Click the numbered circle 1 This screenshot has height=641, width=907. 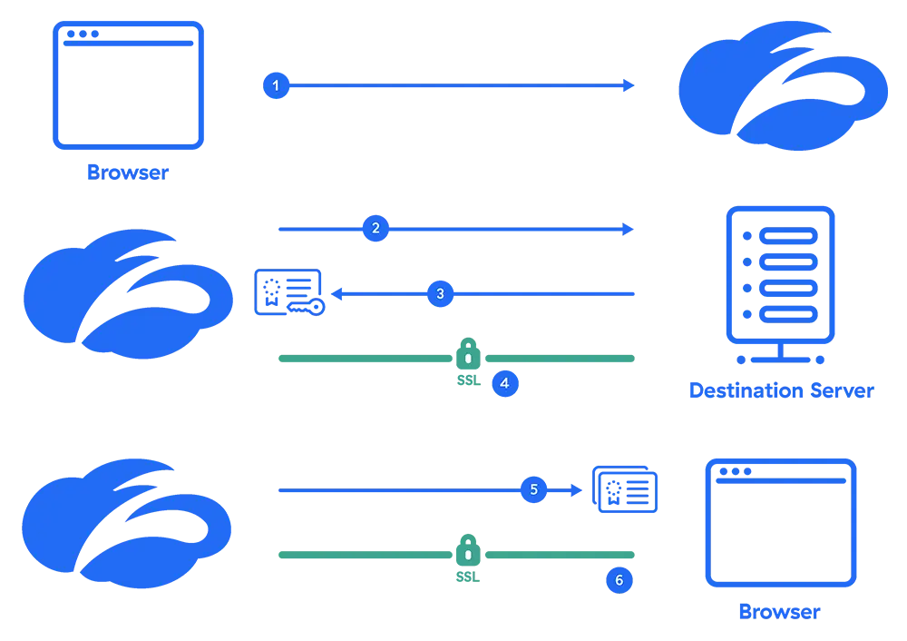coord(276,85)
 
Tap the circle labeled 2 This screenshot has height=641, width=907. coord(375,229)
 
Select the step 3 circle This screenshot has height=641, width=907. coord(440,293)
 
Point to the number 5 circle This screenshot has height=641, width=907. coord(533,489)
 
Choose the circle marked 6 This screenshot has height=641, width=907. coord(619,580)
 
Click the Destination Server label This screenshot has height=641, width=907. coord(781,391)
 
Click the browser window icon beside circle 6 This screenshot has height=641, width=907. coord(781,522)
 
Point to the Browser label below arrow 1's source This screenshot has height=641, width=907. coord(128,172)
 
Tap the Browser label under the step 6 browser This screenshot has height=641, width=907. coord(781,612)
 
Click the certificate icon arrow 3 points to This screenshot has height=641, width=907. coord(289,292)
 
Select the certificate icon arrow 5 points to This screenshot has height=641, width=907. coord(624,490)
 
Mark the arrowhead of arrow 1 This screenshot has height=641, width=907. coord(627,85)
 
